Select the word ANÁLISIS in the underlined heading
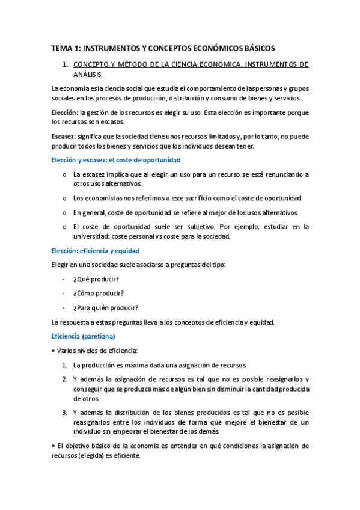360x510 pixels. (x=87, y=75)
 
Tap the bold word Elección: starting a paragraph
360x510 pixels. (x=65, y=112)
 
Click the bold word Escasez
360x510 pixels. (x=63, y=137)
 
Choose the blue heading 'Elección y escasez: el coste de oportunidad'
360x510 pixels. (x=116, y=160)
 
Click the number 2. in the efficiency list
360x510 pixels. (x=64, y=379)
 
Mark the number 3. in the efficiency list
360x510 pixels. (x=64, y=413)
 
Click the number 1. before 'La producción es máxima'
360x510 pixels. (x=64, y=365)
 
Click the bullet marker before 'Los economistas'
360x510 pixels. (x=64, y=198)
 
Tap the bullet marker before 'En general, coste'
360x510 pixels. (x=64, y=212)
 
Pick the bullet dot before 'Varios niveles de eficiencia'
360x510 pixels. (x=53, y=351)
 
